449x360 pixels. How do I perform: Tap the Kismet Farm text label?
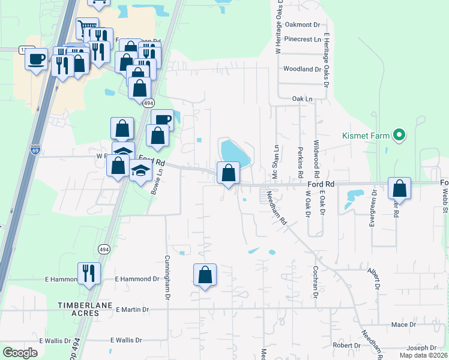coord(367,135)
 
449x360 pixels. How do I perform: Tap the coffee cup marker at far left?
coord(36,59)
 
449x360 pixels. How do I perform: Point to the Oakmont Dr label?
coord(303,25)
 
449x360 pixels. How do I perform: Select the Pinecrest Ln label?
coord(304,39)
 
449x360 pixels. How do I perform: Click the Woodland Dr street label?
coord(302,70)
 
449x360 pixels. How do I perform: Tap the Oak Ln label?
coord(303,98)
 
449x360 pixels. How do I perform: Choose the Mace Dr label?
coord(403,325)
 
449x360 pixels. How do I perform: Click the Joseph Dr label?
coord(421,348)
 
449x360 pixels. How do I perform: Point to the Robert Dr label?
coord(346,346)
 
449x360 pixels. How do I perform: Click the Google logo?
coord(20,353)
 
